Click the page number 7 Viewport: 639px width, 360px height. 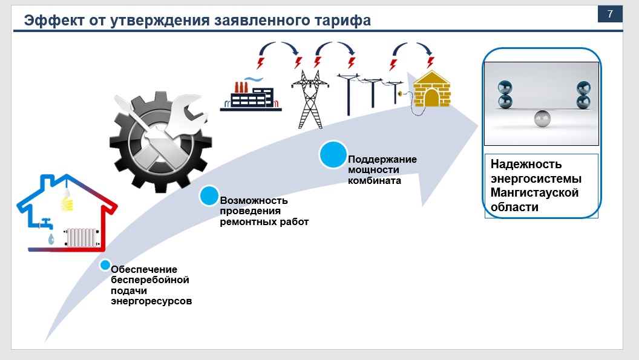click(x=610, y=14)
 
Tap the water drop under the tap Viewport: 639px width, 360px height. click(x=51, y=240)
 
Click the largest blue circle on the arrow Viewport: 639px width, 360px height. click(x=333, y=155)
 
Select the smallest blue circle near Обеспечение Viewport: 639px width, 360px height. click(x=105, y=265)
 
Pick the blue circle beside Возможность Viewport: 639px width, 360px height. click(x=209, y=195)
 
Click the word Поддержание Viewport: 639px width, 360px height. click(x=382, y=159)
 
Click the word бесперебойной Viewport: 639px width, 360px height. click(x=150, y=280)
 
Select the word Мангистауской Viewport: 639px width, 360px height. click(x=534, y=193)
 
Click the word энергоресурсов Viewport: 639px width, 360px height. click(x=151, y=301)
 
